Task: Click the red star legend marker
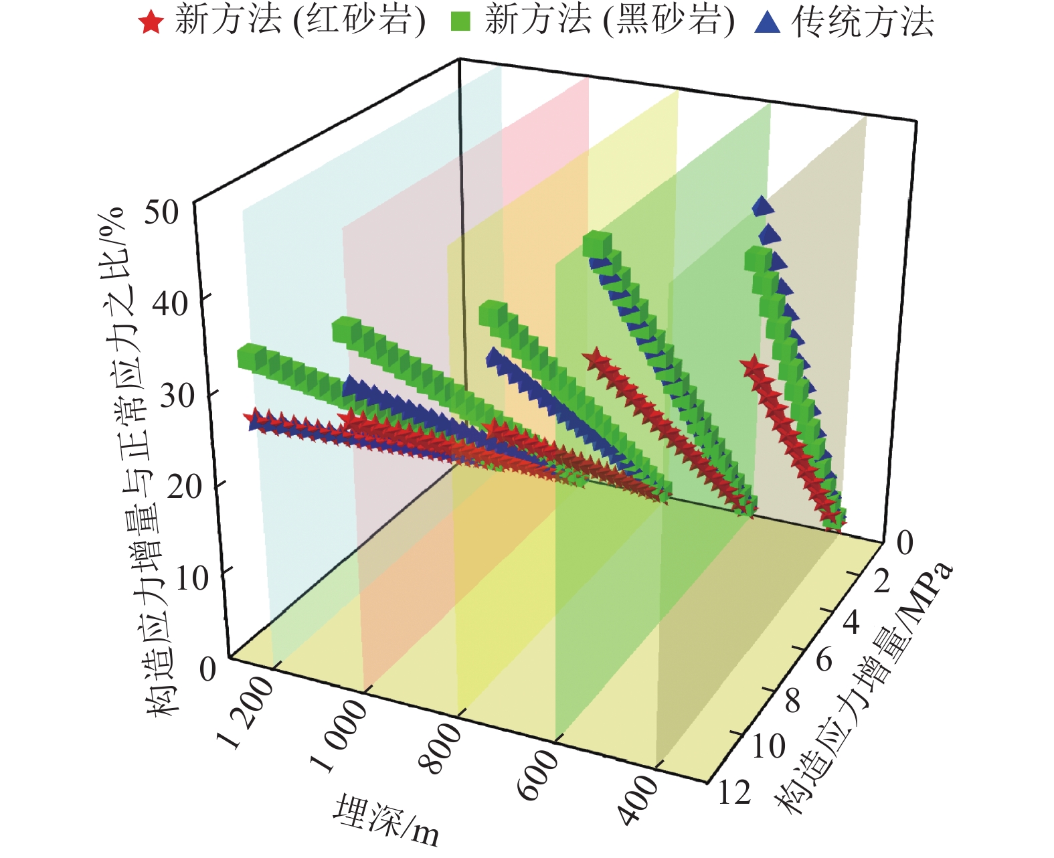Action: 151,22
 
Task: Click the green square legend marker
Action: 460,22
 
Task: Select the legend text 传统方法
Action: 863,22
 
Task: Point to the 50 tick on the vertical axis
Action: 161,213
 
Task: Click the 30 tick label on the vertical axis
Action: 177,396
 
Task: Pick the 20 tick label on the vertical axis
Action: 184,487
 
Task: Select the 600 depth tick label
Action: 539,774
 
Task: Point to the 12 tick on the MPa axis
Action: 734,793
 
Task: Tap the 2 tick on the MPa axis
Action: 881,582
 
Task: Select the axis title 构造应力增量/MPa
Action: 863,689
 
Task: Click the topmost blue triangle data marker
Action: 762,206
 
